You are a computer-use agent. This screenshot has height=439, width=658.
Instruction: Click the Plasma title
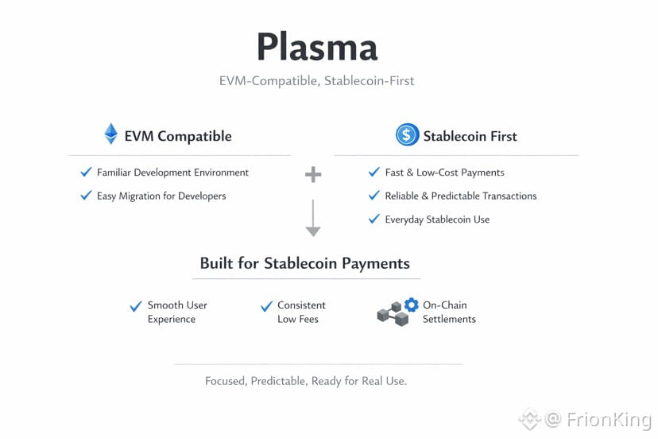pos(316,48)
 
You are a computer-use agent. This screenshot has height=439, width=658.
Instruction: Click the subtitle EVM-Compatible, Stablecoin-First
pos(316,80)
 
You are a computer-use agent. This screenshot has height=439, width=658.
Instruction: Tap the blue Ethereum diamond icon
pos(111,134)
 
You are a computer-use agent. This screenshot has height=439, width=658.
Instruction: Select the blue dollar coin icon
pos(407,134)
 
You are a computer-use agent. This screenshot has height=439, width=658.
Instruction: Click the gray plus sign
pos(313,174)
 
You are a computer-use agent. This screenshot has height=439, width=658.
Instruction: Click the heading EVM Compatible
pos(178,136)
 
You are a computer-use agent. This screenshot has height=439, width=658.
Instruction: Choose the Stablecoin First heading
pos(470,136)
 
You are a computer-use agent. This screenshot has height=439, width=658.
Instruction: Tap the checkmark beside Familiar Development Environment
pos(86,172)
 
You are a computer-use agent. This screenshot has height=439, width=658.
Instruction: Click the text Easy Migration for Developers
pos(161,196)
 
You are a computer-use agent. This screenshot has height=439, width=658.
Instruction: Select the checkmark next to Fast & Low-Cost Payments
pos(374,172)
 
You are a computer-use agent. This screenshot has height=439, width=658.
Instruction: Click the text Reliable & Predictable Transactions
pos(460,196)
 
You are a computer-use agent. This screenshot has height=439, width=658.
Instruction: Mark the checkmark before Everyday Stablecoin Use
pos(374,219)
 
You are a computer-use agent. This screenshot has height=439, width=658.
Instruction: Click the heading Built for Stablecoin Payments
pos(305,263)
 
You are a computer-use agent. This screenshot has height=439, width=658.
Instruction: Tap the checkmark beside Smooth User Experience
pos(136,306)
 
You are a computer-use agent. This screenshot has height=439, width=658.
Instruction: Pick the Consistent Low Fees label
pos(300,312)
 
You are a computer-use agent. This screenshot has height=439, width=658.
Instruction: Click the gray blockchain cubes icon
pos(392,315)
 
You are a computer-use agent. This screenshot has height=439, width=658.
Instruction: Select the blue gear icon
pos(411,305)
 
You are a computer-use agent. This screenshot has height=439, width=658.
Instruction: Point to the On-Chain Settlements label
pos(449,312)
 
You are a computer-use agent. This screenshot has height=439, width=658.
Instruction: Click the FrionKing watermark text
pos(608,419)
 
